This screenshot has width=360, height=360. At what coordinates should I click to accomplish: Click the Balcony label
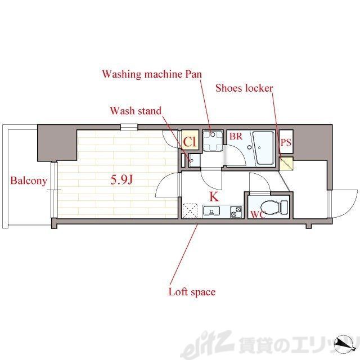click(29, 181)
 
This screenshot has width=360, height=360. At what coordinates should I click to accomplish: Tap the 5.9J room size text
click(121, 180)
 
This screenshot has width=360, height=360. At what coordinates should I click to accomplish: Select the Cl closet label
click(190, 142)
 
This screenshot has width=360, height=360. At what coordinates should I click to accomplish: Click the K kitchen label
click(214, 197)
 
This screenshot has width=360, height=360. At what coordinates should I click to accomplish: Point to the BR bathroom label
click(236, 136)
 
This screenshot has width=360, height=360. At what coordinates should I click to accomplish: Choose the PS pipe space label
click(286, 142)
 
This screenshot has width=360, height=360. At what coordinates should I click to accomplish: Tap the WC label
click(258, 214)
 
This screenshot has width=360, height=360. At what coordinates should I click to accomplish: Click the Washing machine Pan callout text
click(152, 74)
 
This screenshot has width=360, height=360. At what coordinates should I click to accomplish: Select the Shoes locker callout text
click(244, 88)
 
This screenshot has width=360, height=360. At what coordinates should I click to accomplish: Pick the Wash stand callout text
click(136, 111)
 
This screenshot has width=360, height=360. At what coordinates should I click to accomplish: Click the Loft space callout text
click(192, 292)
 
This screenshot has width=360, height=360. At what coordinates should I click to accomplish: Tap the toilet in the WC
click(274, 207)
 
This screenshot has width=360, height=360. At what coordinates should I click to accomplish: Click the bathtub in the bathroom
click(264, 148)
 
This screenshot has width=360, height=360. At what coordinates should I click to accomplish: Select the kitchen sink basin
click(211, 211)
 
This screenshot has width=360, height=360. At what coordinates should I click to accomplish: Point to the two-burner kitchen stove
click(236, 211)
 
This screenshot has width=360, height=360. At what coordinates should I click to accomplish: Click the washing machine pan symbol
click(213, 141)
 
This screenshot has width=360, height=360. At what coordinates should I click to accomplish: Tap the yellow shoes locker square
click(286, 164)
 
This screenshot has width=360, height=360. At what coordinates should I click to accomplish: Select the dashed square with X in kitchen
click(190, 210)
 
